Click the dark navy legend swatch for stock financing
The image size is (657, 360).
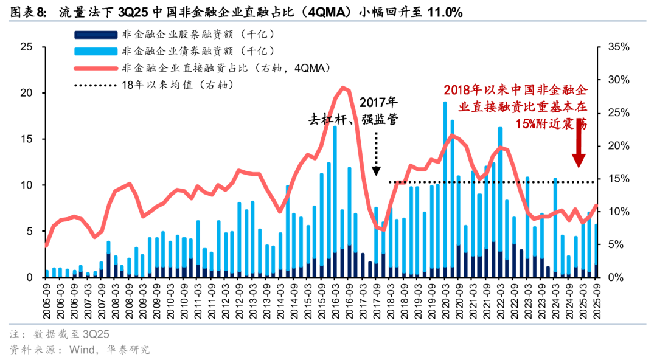[94, 36]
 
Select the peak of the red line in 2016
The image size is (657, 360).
[344, 88]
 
